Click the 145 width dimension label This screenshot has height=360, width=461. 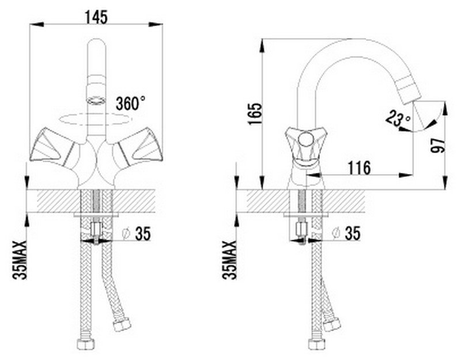point(96,17)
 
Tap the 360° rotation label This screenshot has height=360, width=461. point(131,104)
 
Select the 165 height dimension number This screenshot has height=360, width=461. point(255,114)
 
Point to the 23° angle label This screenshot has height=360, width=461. point(399,118)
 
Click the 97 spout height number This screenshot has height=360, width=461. point(438,146)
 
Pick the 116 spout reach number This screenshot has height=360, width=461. point(359,168)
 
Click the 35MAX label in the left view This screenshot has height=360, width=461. point(20,260)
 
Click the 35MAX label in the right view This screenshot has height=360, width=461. point(229,260)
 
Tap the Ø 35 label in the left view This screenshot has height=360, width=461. point(137,234)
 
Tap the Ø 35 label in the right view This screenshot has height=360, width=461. point(346,234)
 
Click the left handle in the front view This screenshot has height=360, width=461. point(54,147)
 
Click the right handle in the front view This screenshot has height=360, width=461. point(138,147)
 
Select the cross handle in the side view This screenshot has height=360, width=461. point(305,141)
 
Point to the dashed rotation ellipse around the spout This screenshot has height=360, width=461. point(95,119)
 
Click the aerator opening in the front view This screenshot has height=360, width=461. point(96,100)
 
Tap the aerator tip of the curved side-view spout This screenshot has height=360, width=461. point(411,94)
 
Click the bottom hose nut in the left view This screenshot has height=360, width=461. point(85,344)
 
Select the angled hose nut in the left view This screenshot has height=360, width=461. point(122,324)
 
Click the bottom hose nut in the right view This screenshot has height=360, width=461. point(316,344)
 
